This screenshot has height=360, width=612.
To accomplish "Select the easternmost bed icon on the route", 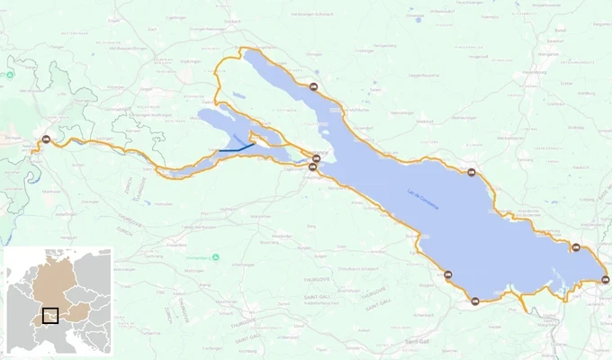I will (x=604, y=279).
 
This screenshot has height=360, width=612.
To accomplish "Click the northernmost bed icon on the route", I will (x=313, y=87).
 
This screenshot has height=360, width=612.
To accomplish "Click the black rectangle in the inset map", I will (x=49, y=315).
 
